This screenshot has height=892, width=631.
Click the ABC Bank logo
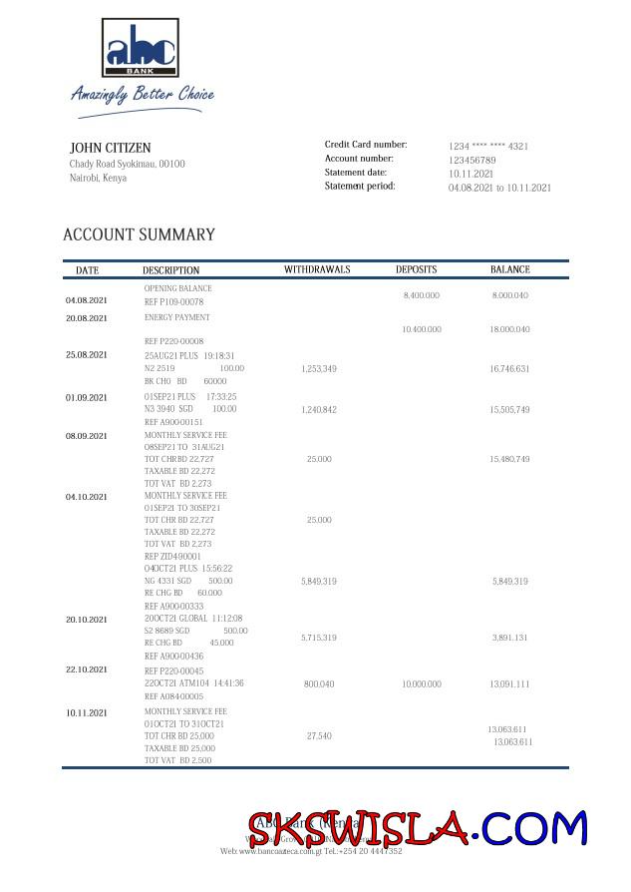point(141,47)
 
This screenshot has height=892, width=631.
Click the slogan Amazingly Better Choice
point(142,95)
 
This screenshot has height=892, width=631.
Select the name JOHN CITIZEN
point(110,148)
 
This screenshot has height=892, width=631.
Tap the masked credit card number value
point(488,146)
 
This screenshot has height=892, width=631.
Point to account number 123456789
point(472,160)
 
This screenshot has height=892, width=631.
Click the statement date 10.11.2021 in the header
point(472,174)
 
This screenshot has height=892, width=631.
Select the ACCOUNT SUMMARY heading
point(139,234)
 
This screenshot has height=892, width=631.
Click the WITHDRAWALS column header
point(317,270)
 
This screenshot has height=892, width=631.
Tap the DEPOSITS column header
point(416,269)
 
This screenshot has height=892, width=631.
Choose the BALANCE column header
point(509,269)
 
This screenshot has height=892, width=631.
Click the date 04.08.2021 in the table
point(87,300)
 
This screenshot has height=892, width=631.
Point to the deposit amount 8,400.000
point(421,295)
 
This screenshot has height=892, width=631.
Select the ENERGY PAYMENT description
point(176,317)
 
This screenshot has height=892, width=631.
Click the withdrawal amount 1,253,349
point(318,369)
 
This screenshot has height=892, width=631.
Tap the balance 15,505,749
point(509,410)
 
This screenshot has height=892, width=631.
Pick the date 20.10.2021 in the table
point(87,620)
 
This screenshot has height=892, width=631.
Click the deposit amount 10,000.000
point(421,684)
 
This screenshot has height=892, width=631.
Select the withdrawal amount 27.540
point(319,735)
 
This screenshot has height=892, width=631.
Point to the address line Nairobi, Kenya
point(98,178)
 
